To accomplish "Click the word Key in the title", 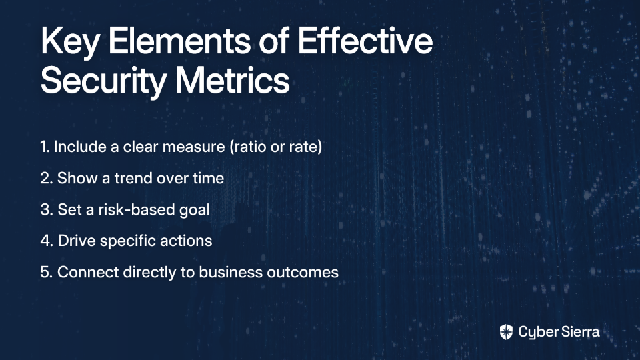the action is point(69,43).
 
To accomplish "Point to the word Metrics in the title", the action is point(232,81).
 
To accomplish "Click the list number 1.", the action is point(45,147).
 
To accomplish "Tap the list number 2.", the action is point(46,179).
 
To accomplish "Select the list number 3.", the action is point(47,210).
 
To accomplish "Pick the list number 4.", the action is point(47,241).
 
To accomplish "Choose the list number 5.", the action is point(46,272).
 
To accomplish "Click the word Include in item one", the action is point(80,147).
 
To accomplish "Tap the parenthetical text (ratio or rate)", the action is point(275,147).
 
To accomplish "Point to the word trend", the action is point(133,179).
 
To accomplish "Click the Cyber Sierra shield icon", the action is point(506,332).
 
